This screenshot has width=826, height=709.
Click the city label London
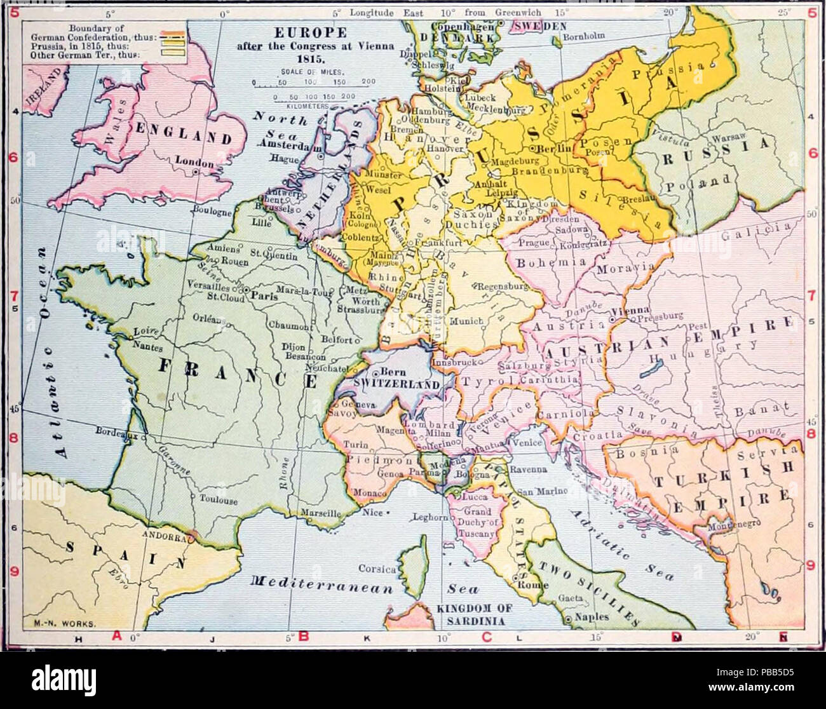coord(194,162)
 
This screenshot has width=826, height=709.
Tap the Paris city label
coord(265,295)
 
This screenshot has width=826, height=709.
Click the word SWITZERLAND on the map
coord(397,385)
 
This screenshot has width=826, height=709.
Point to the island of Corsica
coord(414,565)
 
